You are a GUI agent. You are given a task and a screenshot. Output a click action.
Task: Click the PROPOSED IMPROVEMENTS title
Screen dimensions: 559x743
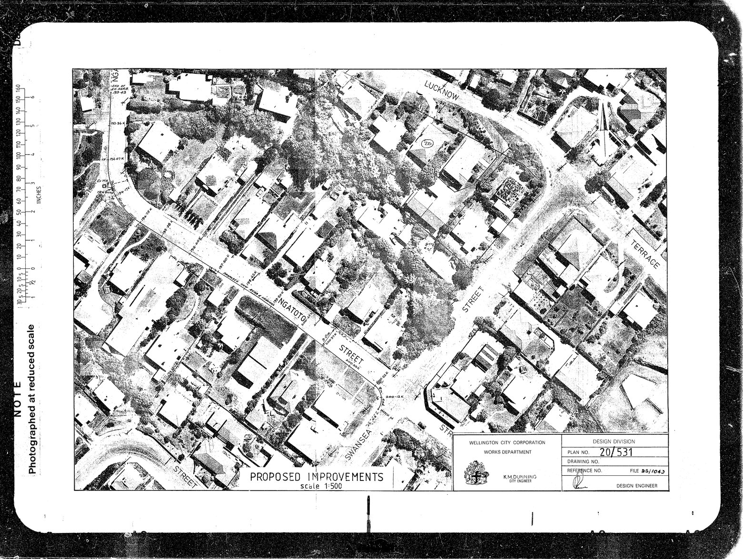317,477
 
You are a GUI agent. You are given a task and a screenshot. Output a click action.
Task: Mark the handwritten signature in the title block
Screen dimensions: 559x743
579,483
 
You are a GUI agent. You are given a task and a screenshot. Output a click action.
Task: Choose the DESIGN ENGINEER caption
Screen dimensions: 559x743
637,486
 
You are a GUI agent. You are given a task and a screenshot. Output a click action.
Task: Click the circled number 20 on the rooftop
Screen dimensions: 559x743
427,143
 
